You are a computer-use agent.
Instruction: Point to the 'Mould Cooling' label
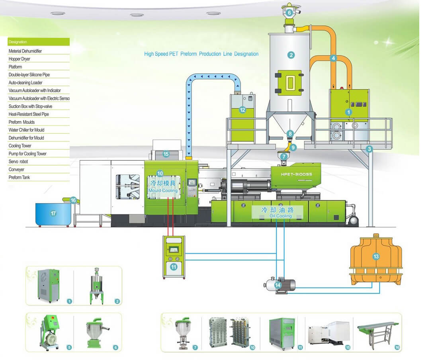point(163,186)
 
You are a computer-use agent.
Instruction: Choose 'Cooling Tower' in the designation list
point(20,146)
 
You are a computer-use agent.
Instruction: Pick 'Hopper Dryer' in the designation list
point(20,59)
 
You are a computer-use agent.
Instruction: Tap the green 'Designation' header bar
point(39,42)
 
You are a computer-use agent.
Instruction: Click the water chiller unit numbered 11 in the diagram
point(174,257)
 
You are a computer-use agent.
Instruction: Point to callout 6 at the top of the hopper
point(289,13)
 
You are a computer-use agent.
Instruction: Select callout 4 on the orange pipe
point(334,58)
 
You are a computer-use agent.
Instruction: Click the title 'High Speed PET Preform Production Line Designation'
point(201,54)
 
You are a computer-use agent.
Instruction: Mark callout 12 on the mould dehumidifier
point(242,110)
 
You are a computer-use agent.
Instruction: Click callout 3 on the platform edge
point(369,149)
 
